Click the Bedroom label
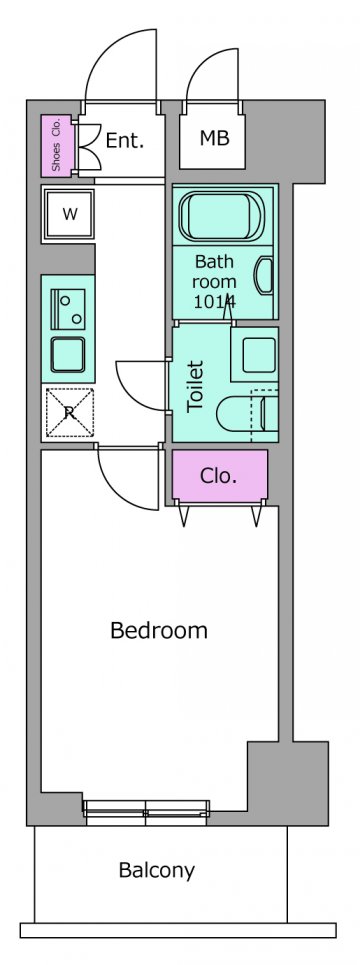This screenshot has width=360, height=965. pos(159,631)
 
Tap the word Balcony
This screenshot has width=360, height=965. pos(157,871)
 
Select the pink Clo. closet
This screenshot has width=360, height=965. pos(220,475)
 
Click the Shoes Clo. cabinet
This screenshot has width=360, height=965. pos(57,145)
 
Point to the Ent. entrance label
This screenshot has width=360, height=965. pos(125,140)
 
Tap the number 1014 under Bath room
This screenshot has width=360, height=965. pos(214,301)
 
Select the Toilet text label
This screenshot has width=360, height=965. pos(195,386)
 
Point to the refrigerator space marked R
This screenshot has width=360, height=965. pos(69,412)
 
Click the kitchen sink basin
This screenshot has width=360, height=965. pos(68,355)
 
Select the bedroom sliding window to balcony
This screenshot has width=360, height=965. pos(146,812)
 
